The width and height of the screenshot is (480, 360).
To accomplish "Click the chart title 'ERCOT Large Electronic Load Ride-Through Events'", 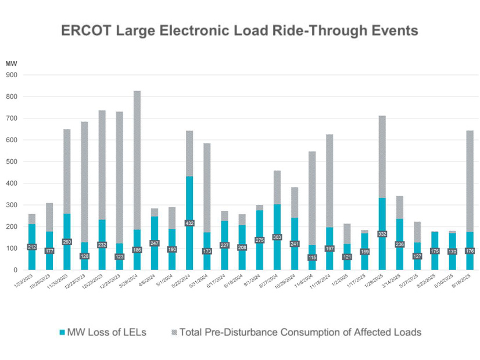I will [239, 31].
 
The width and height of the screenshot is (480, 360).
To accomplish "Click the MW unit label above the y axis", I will [11, 63].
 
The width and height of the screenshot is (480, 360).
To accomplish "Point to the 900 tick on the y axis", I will [12, 75].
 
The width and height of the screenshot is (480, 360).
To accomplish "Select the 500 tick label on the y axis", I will [12, 162].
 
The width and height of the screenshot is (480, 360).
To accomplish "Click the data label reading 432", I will [190, 223].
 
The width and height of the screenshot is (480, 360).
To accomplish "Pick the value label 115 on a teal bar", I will [313, 257].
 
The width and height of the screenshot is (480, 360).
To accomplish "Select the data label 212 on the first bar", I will [32, 247].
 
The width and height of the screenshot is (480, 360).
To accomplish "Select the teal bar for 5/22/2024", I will [190, 244].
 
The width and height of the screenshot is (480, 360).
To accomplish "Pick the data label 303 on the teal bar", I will [277, 237].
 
